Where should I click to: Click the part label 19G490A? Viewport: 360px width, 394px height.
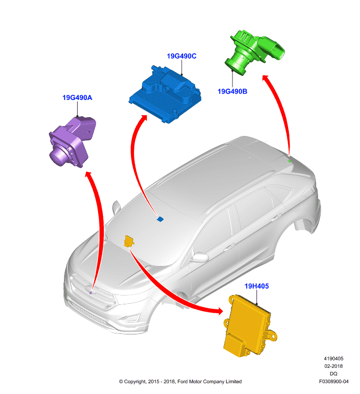tap(77, 98)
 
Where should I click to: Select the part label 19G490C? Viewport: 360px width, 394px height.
tap(182, 56)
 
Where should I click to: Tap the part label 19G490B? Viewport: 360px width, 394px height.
tap(232, 92)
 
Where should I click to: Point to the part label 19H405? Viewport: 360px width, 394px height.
tap(257, 286)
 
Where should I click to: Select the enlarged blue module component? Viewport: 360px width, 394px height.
tap(165, 95)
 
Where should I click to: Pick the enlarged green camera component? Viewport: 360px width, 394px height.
tap(254, 52)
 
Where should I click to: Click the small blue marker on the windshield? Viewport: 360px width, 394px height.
tap(160, 219)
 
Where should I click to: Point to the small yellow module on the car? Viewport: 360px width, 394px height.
tap(129, 241)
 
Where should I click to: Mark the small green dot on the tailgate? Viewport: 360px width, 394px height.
tap(290, 161)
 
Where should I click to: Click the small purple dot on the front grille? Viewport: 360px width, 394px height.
tap(91, 293)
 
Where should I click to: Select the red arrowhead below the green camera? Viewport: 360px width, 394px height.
tap(265, 78)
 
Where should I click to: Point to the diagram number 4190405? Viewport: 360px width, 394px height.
tap(333, 359)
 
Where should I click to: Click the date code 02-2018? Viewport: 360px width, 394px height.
tap(333, 366)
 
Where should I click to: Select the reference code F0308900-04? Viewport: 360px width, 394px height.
tap(333, 381)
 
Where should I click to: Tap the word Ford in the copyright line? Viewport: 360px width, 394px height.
tap(182, 382)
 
